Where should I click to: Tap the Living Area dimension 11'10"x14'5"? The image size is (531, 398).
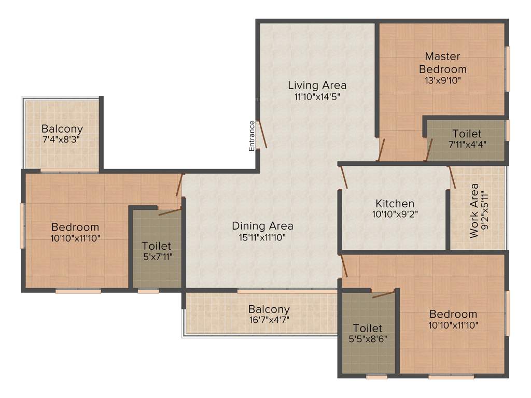tap(317, 96)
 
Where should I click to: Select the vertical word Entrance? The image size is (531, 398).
tap(252, 136)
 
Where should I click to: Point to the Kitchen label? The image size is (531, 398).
tap(395, 204)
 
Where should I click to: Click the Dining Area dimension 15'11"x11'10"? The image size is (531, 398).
tap(262, 237)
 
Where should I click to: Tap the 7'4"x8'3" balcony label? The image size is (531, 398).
tap(62, 140)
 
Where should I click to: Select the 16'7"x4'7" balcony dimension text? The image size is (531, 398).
tap(269, 320)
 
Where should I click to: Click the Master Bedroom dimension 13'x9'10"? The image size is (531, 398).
tap(442, 80)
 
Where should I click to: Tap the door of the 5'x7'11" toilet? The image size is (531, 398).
tap(170, 211)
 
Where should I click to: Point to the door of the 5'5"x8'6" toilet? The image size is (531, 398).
tap(383, 294)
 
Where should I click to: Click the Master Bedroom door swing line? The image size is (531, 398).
tap(382, 150)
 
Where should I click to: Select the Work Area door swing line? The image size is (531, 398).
tap(452, 177)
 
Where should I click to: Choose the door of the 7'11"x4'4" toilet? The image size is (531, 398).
tap(429, 150)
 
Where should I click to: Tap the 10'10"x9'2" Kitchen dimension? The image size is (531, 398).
tap(395, 214)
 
